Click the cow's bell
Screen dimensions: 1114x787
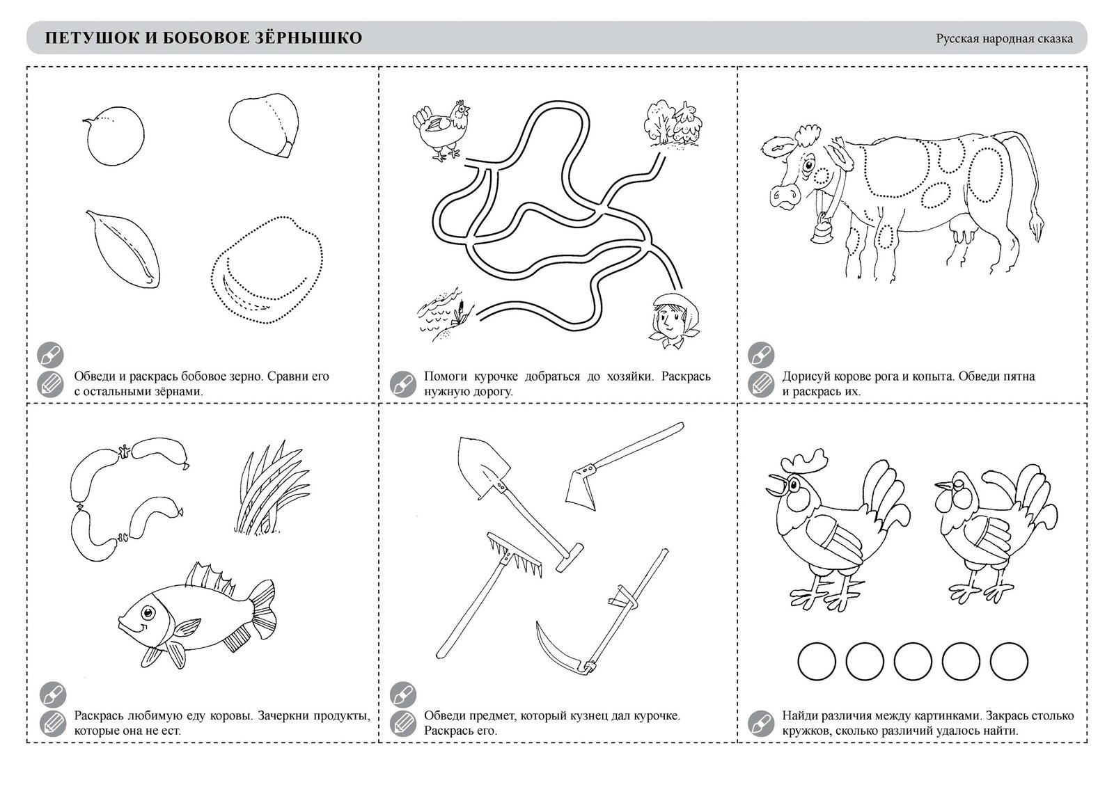[x=822, y=229]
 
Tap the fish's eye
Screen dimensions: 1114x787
[x=147, y=611]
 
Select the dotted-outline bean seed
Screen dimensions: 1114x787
[x=267, y=270]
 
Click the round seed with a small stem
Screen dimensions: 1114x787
[x=114, y=135]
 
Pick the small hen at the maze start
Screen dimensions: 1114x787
[x=441, y=130]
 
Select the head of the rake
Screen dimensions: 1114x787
[x=515, y=555]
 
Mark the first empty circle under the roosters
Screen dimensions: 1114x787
[x=817, y=661]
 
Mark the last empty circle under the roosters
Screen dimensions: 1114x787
[x=1009, y=661]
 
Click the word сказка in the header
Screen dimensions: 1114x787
[x=1053, y=39]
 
